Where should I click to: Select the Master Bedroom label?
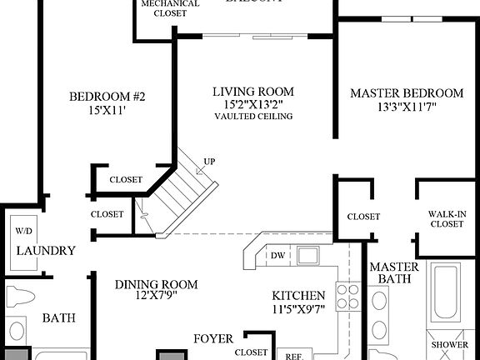pyautogui.click(x=406, y=92)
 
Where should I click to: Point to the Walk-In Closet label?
pyautogui.click(x=447, y=218)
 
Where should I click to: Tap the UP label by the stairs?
pyautogui.click(x=209, y=162)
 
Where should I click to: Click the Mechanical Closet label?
pyautogui.click(x=170, y=8)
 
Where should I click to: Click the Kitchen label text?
pyautogui.click(x=297, y=296)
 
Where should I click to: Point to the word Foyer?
pyautogui.click(x=213, y=338)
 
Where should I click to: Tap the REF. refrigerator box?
pyautogui.click(x=293, y=354)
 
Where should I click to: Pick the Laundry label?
pyautogui.click(x=46, y=250)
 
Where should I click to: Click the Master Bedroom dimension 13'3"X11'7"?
pyautogui.click(x=406, y=106)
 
